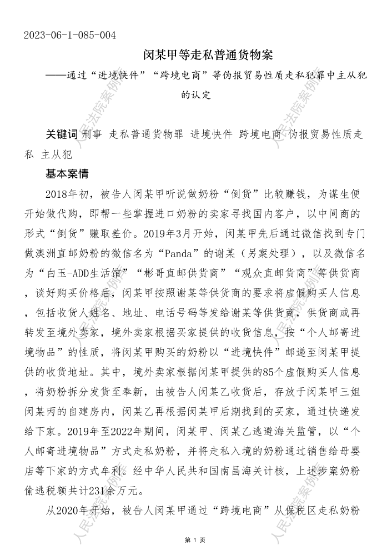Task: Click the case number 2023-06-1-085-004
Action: [x=70, y=36]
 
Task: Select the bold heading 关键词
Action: [x=61, y=134]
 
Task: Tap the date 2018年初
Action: [x=65, y=194]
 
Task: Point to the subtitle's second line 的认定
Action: [x=196, y=95]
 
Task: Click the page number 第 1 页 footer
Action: [x=195, y=540]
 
